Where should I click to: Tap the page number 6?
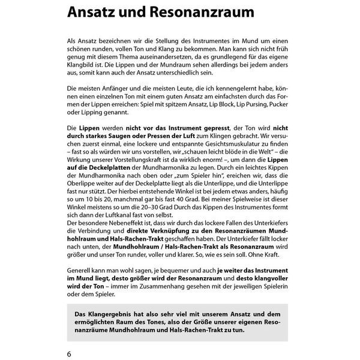pos(70,353)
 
